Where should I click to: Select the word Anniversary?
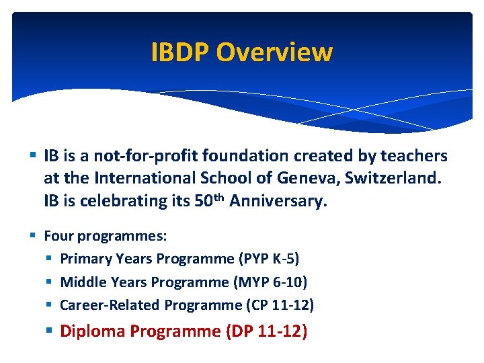coord(278,202)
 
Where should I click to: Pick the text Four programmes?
coord(106,236)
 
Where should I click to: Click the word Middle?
coord(81,282)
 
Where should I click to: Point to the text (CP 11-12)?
coord(279,305)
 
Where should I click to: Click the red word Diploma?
coord(93,331)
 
